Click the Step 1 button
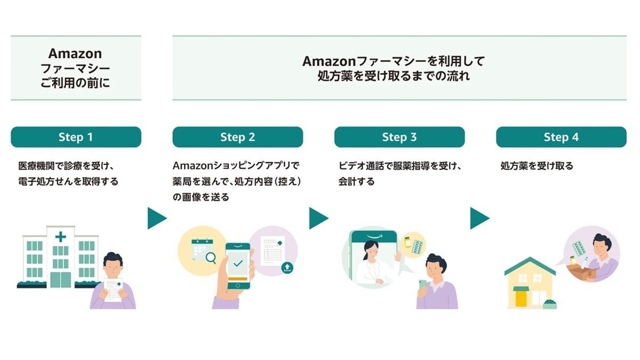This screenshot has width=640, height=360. point(76,137)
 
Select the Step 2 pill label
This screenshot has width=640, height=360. point(238,137)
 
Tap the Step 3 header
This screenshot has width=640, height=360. point(399,137)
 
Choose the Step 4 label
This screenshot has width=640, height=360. point(561,137)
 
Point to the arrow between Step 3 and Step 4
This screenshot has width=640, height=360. point(479,218)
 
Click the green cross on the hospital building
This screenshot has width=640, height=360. point(61,237)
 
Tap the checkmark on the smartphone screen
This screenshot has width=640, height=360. point(238,263)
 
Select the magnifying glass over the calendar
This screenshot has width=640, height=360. point(211,258)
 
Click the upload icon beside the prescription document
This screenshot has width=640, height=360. point(287,268)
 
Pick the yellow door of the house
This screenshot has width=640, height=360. point(521,299)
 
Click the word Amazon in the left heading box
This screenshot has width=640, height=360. point(75,53)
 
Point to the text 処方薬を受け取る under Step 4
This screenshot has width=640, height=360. point(537,166)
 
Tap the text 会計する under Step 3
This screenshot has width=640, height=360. point(356,181)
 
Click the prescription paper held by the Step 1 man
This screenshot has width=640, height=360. point(114,290)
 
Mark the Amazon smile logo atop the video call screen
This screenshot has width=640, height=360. point(374,236)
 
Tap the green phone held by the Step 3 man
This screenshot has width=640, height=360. point(422,285)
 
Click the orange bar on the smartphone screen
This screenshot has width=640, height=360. point(238,278)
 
